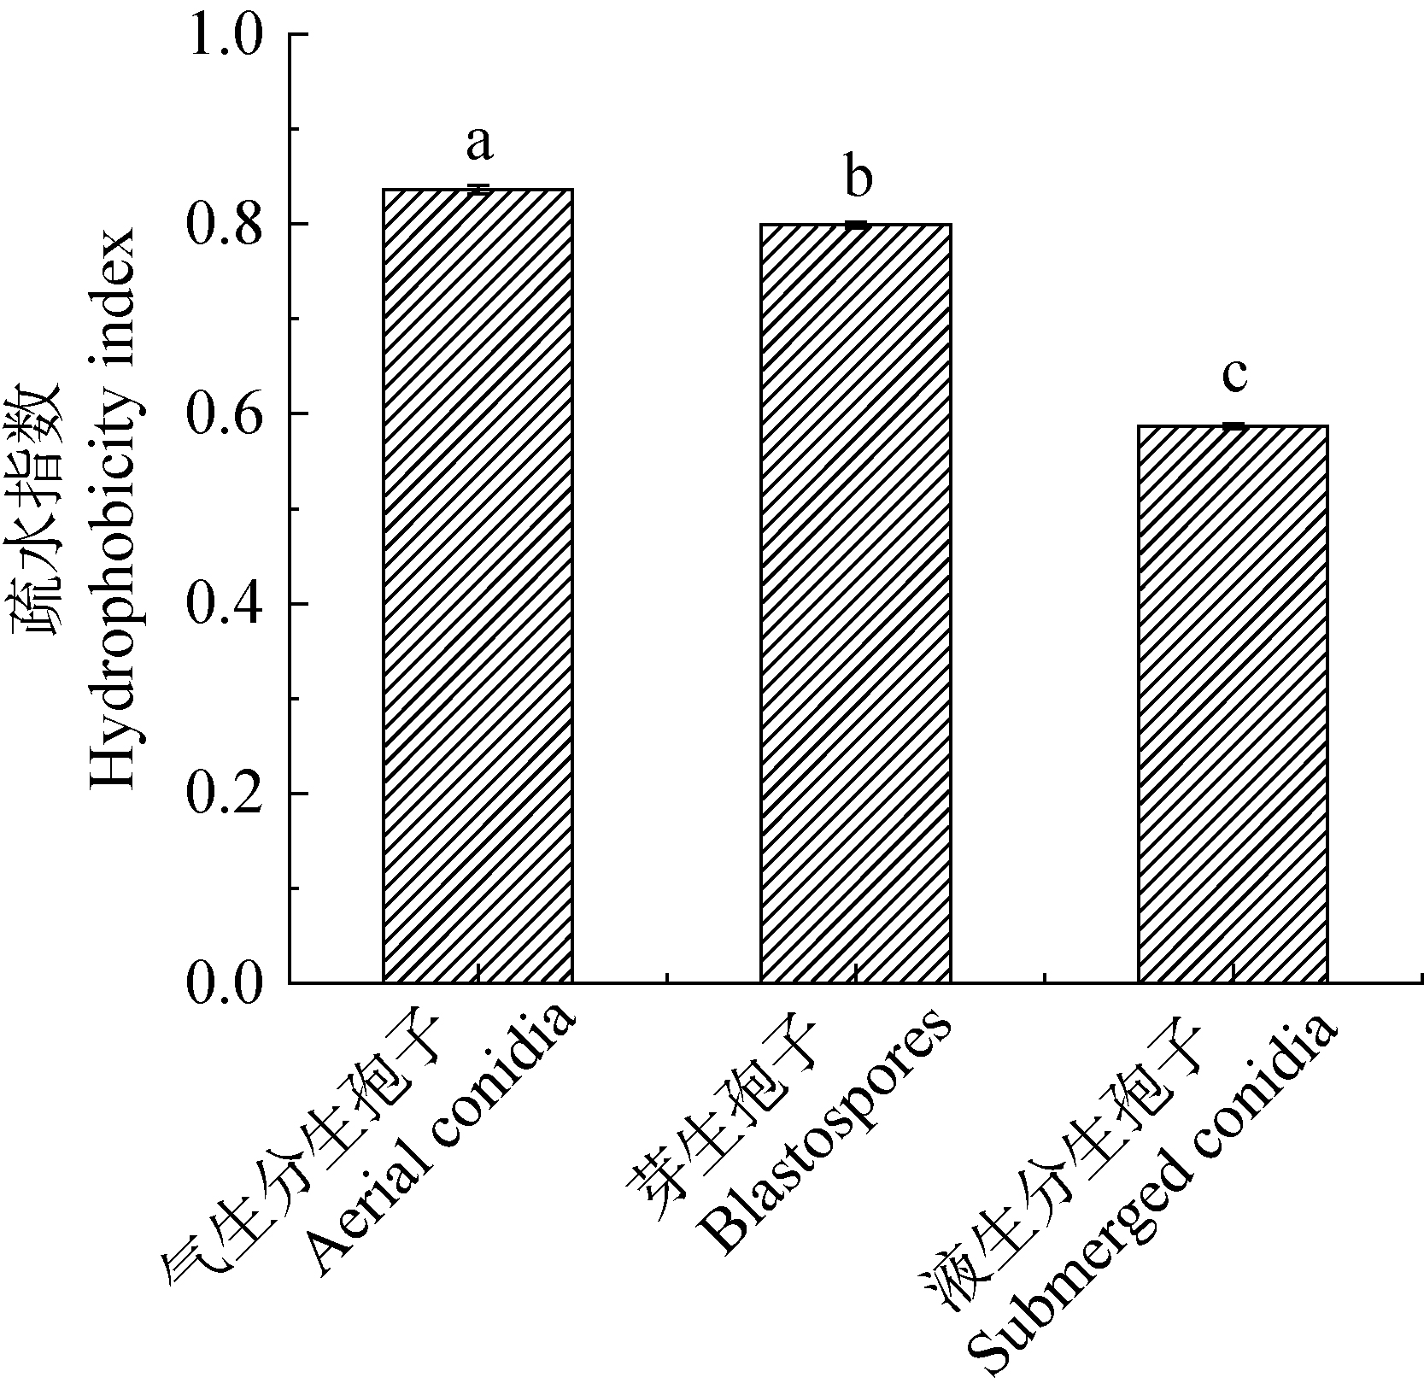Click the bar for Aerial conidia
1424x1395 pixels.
click(x=478, y=585)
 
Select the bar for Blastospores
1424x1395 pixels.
click(x=855, y=602)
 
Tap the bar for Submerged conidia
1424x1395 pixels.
click(x=1233, y=703)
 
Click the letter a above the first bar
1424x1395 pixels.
click(x=479, y=144)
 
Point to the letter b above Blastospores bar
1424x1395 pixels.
click(x=857, y=178)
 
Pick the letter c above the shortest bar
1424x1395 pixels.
click(x=1234, y=374)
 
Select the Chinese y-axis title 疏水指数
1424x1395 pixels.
click(x=38, y=509)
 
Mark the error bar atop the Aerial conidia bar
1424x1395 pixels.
click(x=478, y=189)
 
